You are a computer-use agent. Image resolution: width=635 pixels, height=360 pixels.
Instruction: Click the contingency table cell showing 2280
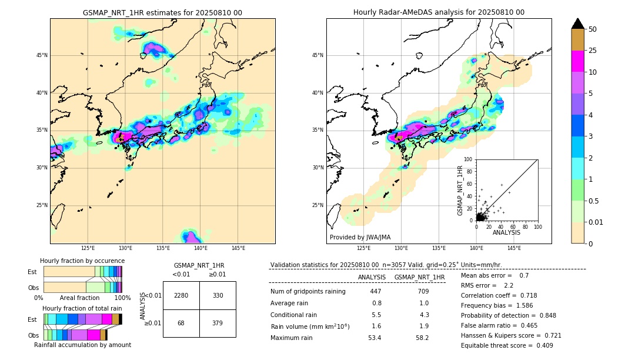[181, 295]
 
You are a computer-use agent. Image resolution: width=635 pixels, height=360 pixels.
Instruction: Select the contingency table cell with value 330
[218, 295]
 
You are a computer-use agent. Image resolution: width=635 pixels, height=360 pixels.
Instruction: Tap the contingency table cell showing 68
[181, 323]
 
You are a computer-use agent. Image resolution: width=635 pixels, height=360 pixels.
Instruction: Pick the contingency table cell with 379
[218, 323]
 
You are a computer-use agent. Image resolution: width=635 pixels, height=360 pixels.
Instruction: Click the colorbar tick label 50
[593, 29]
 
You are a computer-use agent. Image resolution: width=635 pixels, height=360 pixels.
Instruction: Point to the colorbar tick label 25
[593, 51]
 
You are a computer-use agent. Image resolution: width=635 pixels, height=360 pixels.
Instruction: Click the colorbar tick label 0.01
[595, 222]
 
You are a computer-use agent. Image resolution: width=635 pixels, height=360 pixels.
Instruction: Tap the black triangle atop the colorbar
[578, 24]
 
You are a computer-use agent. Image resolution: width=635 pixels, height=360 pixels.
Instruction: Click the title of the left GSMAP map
[162, 12]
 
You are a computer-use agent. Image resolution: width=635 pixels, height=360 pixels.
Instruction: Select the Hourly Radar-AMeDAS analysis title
[439, 12]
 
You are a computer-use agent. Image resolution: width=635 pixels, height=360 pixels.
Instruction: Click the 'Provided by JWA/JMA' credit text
[360, 238]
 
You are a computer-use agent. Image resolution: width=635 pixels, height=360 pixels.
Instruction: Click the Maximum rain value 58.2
[422, 338]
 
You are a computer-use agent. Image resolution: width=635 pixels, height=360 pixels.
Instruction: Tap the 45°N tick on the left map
[42, 55]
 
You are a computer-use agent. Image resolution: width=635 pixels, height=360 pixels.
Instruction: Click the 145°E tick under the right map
[514, 249]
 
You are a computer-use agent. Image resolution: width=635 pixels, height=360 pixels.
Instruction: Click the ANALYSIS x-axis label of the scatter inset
[506, 232]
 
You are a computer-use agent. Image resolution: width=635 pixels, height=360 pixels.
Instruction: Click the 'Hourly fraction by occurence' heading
[82, 261]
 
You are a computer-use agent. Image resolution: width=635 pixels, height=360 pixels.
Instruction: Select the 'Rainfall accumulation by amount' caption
[82, 345]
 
